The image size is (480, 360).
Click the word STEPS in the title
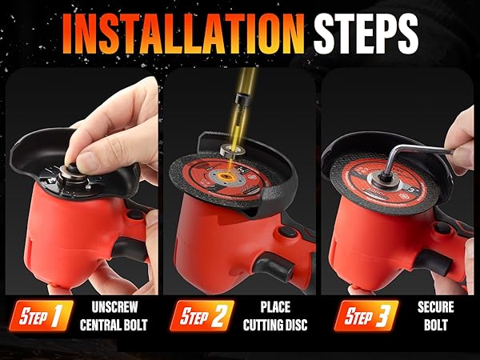(x=366, y=34)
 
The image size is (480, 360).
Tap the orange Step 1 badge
(x=41, y=315)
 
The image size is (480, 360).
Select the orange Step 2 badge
(x=200, y=315)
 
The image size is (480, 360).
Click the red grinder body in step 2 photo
(x=224, y=240)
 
